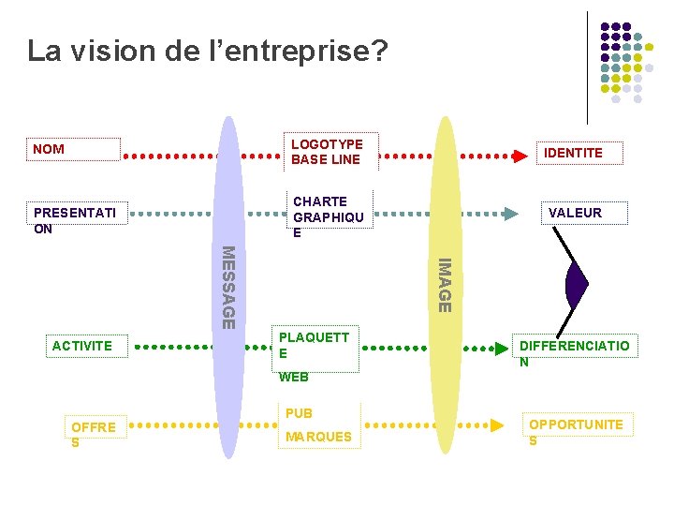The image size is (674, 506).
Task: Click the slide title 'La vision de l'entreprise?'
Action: click(206, 51)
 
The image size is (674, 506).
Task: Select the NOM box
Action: click(75, 150)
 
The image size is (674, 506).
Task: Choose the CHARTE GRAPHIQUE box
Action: click(329, 216)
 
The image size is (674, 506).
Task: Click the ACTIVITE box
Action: click(85, 346)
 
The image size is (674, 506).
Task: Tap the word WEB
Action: click(294, 378)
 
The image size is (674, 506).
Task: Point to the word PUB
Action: click(300, 413)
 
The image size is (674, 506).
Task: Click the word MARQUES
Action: click(318, 437)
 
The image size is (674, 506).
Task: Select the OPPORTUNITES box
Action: click(576, 432)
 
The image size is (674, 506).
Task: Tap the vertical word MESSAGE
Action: click(227, 287)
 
